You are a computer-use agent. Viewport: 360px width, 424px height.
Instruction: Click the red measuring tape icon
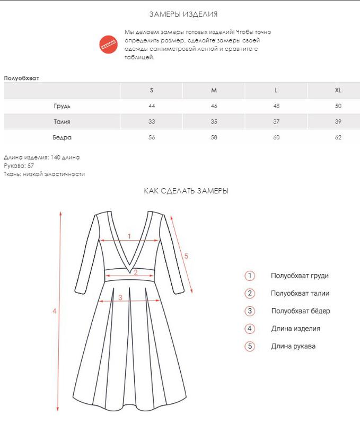click(110, 44)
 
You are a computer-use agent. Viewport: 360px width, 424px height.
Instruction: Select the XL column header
click(338, 90)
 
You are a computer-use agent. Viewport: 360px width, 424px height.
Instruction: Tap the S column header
click(152, 90)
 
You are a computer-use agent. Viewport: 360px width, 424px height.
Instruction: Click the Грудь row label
click(62, 106)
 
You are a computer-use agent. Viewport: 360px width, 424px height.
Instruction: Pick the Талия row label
click(62, 122)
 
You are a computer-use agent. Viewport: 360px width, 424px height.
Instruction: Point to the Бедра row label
click(62, 138)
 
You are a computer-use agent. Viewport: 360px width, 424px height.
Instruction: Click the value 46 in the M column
click(214, 106)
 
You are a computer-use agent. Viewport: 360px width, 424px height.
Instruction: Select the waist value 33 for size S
click(152, 122)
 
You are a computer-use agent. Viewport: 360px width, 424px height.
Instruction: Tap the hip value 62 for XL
click(338, 138)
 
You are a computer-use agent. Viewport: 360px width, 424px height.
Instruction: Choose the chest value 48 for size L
click(276, 106)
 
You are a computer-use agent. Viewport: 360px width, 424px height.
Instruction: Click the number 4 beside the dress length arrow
click(54, 311)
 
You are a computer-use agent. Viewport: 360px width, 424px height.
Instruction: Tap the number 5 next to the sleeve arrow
click(186, 256)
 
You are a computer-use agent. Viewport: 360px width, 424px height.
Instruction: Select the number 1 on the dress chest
click(129, 236)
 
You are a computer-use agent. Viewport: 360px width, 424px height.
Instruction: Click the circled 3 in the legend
click(250, 311)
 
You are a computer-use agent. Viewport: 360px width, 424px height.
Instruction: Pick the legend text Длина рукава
click(293, 347)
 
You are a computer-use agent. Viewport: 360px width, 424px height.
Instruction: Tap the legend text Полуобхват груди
click(300, 276)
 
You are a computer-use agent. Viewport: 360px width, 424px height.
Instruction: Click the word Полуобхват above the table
click(22, 78)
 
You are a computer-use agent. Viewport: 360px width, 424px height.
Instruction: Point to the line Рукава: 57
click(19, 165)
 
